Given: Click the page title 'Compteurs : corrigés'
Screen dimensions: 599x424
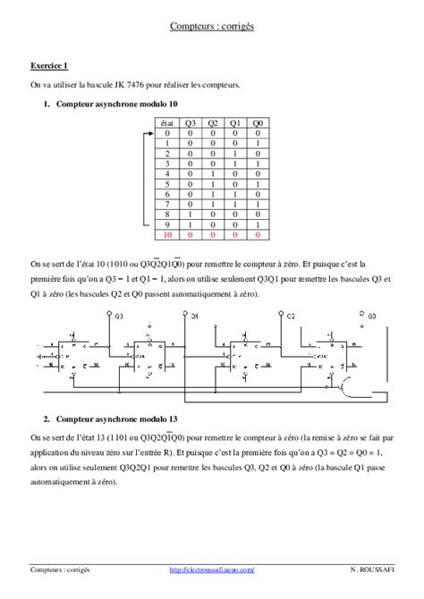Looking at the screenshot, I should [x=212, y=27].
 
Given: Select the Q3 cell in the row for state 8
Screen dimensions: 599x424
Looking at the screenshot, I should [x=191, y=213].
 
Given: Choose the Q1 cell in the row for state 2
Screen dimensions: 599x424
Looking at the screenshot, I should [x=235, y=153].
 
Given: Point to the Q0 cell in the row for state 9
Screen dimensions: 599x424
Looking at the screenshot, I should [x=258, y=224].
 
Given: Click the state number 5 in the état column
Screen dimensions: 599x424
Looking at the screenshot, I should [x=166, y=183].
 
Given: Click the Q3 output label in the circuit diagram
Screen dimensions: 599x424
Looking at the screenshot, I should [x=368, y=315].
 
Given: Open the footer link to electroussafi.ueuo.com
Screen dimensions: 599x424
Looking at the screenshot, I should [x=212, y=569].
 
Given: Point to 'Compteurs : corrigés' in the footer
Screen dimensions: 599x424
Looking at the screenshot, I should [x=59, y=569].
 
